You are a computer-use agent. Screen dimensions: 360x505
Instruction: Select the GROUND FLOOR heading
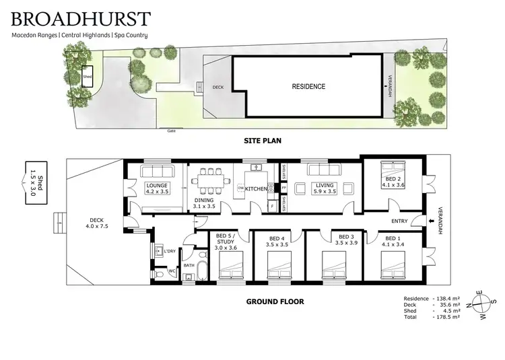pyautogui.click(x=275, y=302)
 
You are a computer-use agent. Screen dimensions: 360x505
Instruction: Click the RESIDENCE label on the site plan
pyautogui.click(x=308, y=87)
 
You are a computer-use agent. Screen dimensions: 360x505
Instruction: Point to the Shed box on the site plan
pyautogui.click(x=87, y=77)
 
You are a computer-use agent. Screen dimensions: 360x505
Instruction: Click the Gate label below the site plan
pyautogui.click(x=171, y=131)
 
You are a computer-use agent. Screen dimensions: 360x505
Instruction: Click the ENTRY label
pyautogui.click(x=400, y=221)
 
